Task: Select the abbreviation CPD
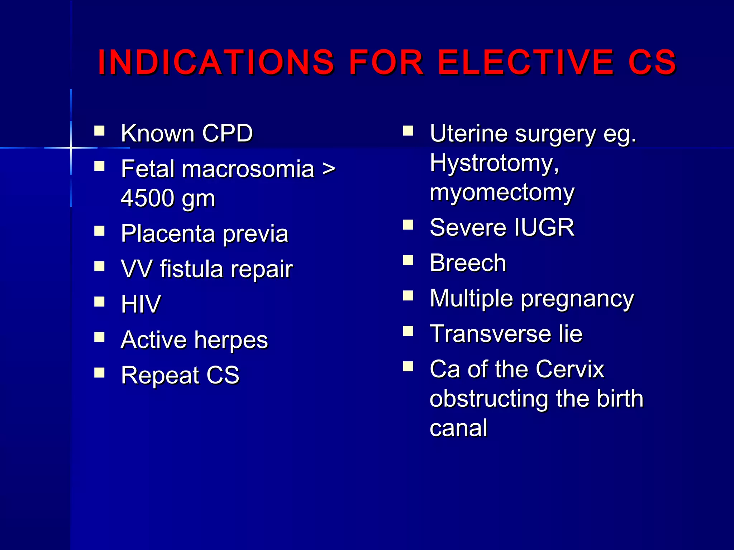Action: point(227,133)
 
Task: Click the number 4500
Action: point(149,198)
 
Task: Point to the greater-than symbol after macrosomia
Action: point(328,169)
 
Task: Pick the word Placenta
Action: point(168,233)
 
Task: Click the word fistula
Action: point(191,269)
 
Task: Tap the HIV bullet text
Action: point(141,304)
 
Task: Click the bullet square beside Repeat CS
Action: point(99,373)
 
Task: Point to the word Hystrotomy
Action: point(494,163)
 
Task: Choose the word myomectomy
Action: point(502,193)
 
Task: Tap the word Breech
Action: point(468,263)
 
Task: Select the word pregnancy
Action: point(577,299)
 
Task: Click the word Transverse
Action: point(490,334)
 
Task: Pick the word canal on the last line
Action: point(458,428)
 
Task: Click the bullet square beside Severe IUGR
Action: point(408,225)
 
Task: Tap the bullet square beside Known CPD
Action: point(99,131)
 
